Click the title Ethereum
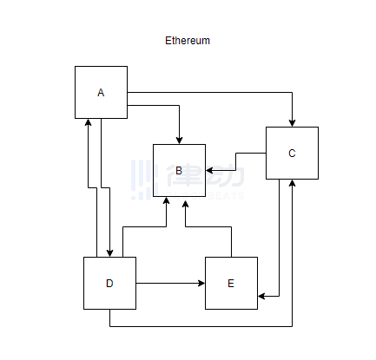point(188,41)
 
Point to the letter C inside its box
point(292,153)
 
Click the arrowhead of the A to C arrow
point(292,123)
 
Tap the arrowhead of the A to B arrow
point(179,141)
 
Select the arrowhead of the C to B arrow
point(209,170)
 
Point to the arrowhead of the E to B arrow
point(185,205)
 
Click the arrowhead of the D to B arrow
point(166,200)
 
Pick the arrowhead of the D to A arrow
point(88,122)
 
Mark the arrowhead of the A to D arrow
point(109,253)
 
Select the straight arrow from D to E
point(170,283)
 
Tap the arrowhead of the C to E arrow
point(261,296)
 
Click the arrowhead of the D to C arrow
point(292,183)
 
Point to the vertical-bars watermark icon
point(145,180)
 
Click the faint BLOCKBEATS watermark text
point(205,196)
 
